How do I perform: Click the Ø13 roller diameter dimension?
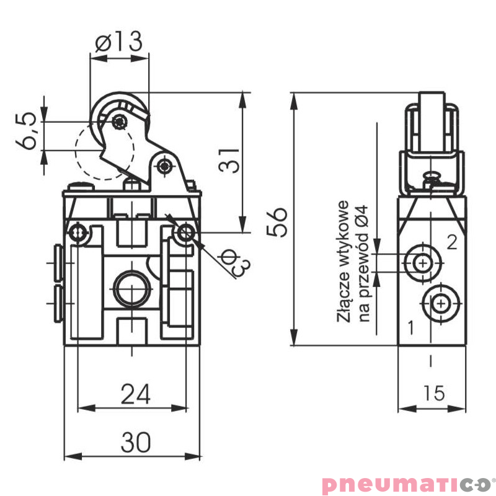pyautogui.click(x=119, y=42)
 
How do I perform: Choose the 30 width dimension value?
pyautogui.click(x=135, y=442)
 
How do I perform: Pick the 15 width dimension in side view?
pyautogui.click(x=433, y=394)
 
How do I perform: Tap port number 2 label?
pyautogui.click(x=451, y=242)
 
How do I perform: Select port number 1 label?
pyautogui.click(x=409, y=324)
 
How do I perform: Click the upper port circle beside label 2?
pyautogui.click(x=423, y=263)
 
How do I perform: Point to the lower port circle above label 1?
pyautogui.click(x=440, y=303)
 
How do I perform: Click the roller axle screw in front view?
pyautogui.click(x=118, y=121)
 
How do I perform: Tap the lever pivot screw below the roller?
pyautogui.click(x=164, y=166)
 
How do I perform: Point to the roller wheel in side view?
pyautogui.click(x=432, y=121)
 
